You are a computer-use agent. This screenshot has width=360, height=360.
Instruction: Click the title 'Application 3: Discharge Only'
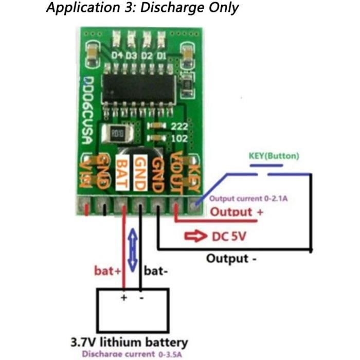(142, 8)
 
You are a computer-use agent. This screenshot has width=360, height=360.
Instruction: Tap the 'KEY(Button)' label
(274, 156)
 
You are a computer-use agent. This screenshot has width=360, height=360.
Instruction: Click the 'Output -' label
(231, 258)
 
